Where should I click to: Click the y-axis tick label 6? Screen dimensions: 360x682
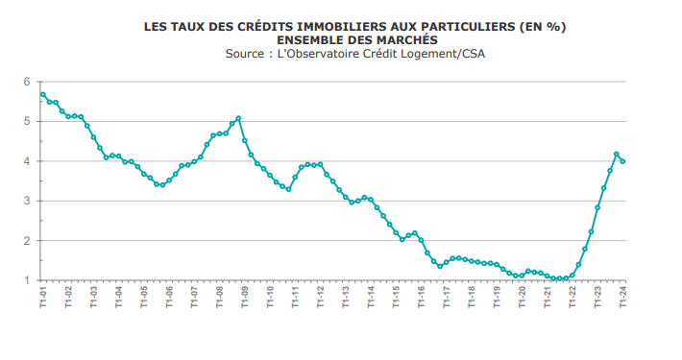tap(28, 82)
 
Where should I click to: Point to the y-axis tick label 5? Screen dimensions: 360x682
tap(28, 121)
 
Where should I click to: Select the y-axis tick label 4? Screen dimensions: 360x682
tap(28, 161)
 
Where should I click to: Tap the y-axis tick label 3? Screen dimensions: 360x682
tap(28, 201)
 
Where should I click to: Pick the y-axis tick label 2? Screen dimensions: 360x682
tap(28, 241)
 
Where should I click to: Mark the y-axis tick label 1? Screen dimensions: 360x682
tap(28, 280)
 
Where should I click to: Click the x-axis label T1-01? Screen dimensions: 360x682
tap(43, 297)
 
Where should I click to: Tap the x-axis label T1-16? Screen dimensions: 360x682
tap(421, 297)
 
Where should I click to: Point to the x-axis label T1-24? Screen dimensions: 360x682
tap(622, 297)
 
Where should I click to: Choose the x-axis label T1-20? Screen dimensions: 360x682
tap(522, 297)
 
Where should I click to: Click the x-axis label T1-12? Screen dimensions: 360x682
tap(320, 297)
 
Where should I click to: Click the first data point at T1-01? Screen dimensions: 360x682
tap(43, 94)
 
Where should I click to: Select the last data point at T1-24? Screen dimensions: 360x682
tap(622, 161)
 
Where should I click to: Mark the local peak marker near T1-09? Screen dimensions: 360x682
tap(238, 118)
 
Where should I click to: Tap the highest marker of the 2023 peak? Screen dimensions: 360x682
tap(617, 154)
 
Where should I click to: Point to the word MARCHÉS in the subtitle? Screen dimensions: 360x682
tap(405, 40)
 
